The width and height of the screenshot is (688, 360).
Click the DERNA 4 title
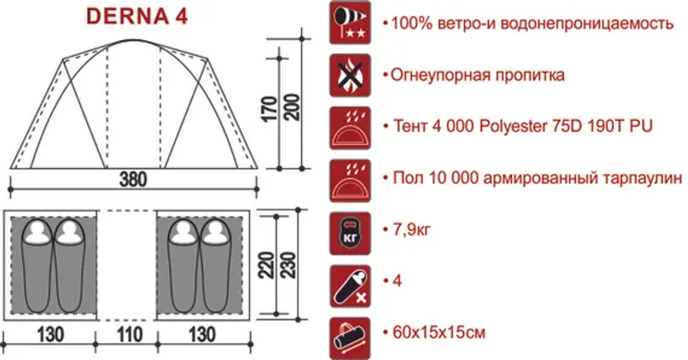pos(138,17)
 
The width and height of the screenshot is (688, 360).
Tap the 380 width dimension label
pos(133,180)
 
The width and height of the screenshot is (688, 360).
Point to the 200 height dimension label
pos(292,107)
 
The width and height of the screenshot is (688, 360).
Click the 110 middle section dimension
pos(129,335)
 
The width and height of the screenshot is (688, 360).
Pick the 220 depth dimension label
pos(267,265)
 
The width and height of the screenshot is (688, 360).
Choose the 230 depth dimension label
pos(288,265)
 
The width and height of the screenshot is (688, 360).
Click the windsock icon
pos(350,23)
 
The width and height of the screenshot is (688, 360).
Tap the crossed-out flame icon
pos(350,76)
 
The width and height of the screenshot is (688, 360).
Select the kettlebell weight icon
pos(350,233)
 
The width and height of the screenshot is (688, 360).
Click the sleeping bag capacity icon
pos(350,286)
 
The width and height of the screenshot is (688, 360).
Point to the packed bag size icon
pos(350,339)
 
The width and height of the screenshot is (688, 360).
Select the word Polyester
pos(513,127)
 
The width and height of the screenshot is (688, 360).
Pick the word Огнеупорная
pos(440,76)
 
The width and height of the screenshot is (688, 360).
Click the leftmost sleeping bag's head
pos(37,231)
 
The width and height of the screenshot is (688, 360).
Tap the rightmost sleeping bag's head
pos(215,231)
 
